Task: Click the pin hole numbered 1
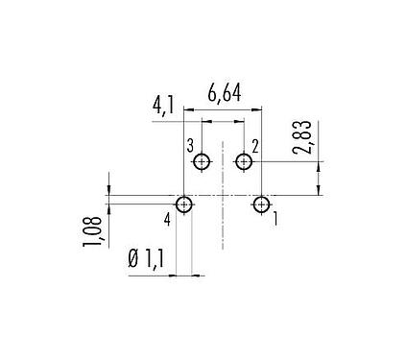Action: click(x=261, y=204)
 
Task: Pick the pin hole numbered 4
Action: click(x=184, y=204)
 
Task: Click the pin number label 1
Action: click(x=275, y=220)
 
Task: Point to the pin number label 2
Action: click(x=256, y=146)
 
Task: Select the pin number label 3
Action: click(x=191, y=145)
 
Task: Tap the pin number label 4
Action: click(x=167, y=220)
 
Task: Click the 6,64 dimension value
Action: click(x=225, y=94)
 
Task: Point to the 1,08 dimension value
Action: click(x=94, y=229)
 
